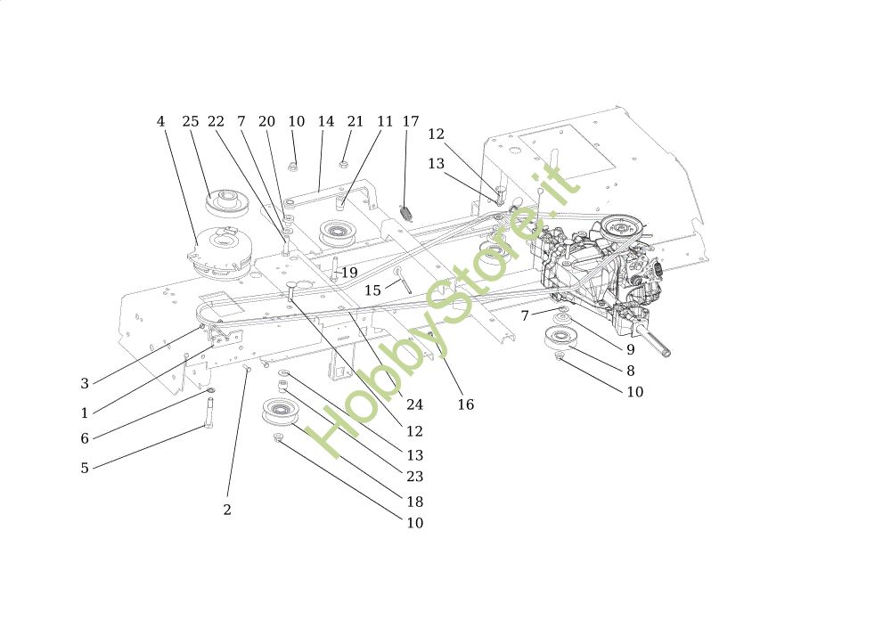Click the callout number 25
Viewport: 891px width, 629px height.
(191, 122)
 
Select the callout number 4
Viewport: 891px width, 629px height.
(160, 122)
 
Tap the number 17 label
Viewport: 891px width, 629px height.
(411, 122)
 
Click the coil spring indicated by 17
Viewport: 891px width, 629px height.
(406, 213)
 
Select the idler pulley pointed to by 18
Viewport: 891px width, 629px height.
(280, 413)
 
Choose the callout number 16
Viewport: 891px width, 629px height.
(466, 404)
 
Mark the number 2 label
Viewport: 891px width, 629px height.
(227, 511)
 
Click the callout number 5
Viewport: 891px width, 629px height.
(85, 468)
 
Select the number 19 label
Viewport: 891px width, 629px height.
(349, 273)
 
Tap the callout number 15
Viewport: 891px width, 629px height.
(372, 290)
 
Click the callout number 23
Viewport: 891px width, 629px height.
(414, 477)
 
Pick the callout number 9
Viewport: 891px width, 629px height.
(631, 350)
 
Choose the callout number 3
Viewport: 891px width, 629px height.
(85, 384)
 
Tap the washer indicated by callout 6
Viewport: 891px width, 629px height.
(210, 391)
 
